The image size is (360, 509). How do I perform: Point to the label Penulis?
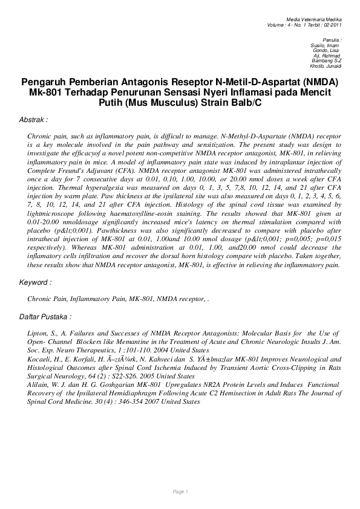click(x=333, y=39)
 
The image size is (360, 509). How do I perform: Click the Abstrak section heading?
click(x=34, y=120)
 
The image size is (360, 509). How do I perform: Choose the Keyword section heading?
click(x=35, y=282)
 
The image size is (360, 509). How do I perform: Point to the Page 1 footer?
click(x=180, y=491)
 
